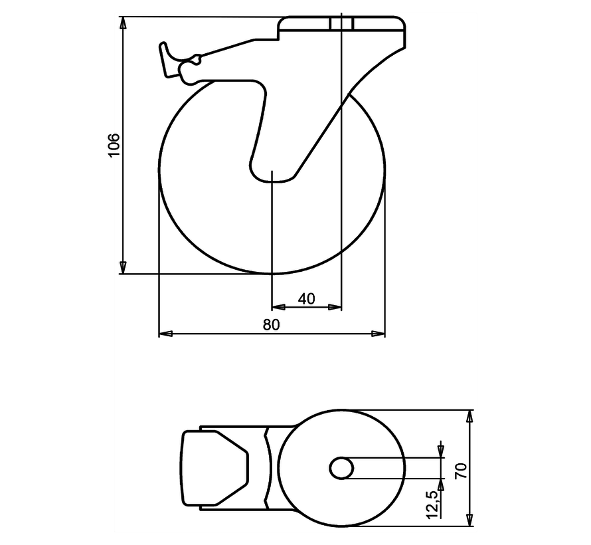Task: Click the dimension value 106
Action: [114, 145]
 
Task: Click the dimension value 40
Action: [306, 299]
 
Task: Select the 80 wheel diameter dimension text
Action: [271, 324]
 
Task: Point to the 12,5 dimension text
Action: [432, 504]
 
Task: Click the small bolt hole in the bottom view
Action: [341, 468]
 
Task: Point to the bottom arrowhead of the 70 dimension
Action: [470, 520]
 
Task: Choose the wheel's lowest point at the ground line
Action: [272, 273]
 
